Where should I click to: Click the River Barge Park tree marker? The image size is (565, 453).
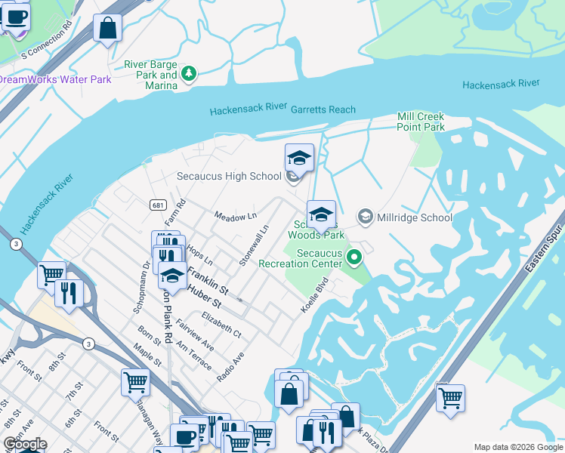point(189,74)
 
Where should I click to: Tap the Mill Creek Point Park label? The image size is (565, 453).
point(421,122)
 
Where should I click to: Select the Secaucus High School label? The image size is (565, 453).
point(228,177)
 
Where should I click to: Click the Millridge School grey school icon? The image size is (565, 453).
point(366,217)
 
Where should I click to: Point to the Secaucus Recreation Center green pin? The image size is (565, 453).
point(353,259)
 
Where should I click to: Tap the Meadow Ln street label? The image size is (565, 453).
point(235,217)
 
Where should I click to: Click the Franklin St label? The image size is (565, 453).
point(208,280)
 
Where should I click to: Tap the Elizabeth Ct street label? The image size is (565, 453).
point(221,326)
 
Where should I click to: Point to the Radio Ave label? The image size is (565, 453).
point(231,365)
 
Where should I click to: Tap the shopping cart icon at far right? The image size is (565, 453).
point(450,398)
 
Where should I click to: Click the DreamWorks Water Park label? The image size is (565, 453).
point(54,79)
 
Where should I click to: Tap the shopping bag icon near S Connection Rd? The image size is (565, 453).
point(108,29)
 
